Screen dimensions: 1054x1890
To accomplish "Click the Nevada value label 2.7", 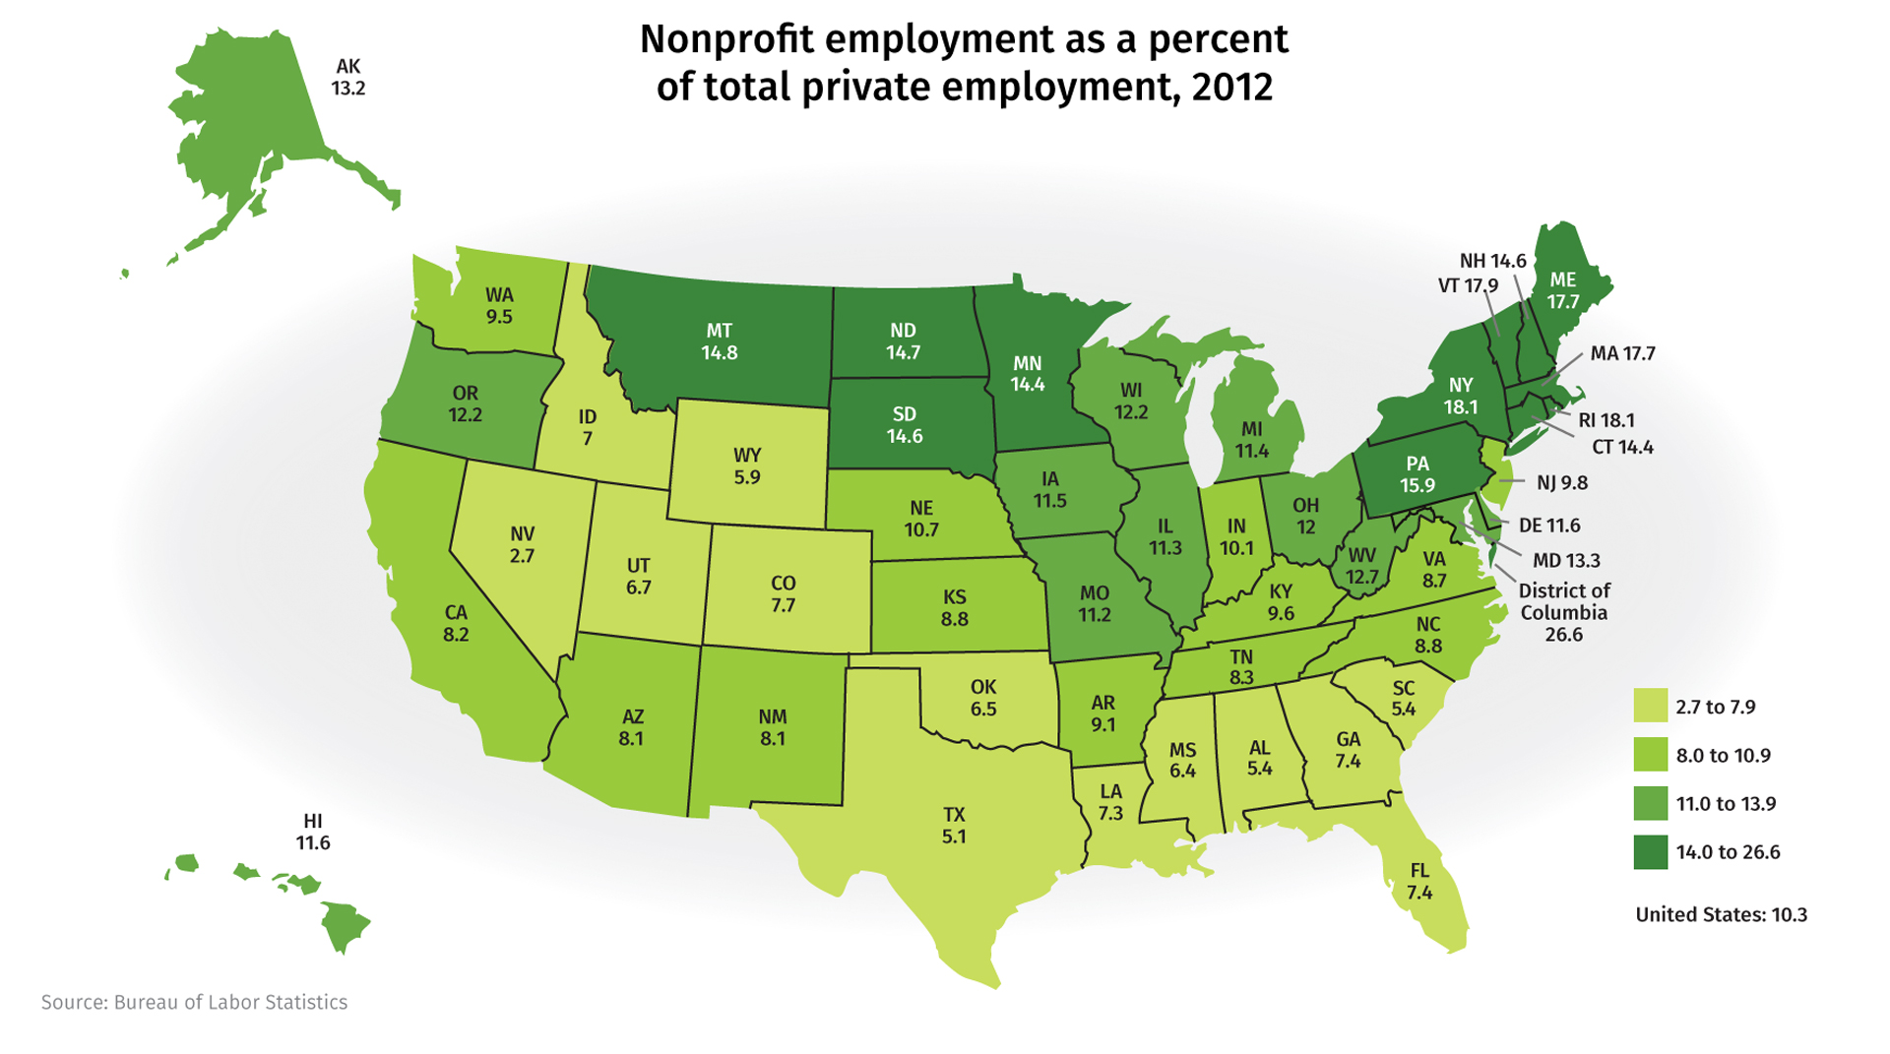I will [x=522, y=556].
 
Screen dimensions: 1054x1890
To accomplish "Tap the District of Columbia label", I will [x=1563, y=612].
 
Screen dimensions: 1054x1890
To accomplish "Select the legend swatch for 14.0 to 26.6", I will [x=1651, y=852].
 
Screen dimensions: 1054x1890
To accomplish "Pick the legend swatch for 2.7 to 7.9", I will [x=1651, y=707].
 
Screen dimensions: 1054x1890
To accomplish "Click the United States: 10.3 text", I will [x=1721, y=915].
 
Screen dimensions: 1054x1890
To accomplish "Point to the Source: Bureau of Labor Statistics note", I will [x=194, y=1003].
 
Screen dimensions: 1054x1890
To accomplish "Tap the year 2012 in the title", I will [x=1231, y=88].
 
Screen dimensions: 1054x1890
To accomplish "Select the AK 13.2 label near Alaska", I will [x=348, y=78].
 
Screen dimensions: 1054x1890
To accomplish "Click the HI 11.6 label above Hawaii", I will [x=313, y=833].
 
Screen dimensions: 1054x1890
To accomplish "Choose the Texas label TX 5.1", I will [x=954, y=826].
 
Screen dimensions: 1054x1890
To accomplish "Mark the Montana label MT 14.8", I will [x=720, y=341].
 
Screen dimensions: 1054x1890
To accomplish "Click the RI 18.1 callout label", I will [x=1606, y=420].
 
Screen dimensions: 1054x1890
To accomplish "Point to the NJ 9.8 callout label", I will [x=1562, y=483].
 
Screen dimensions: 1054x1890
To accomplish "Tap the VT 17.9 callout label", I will [x=1468, y=286].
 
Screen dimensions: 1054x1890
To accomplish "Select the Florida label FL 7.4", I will [x=1419, y=882].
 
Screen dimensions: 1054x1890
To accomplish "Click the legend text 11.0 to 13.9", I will [x=1726, y=804].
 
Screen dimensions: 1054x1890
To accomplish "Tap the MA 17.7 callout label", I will [x=1622, y=353].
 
